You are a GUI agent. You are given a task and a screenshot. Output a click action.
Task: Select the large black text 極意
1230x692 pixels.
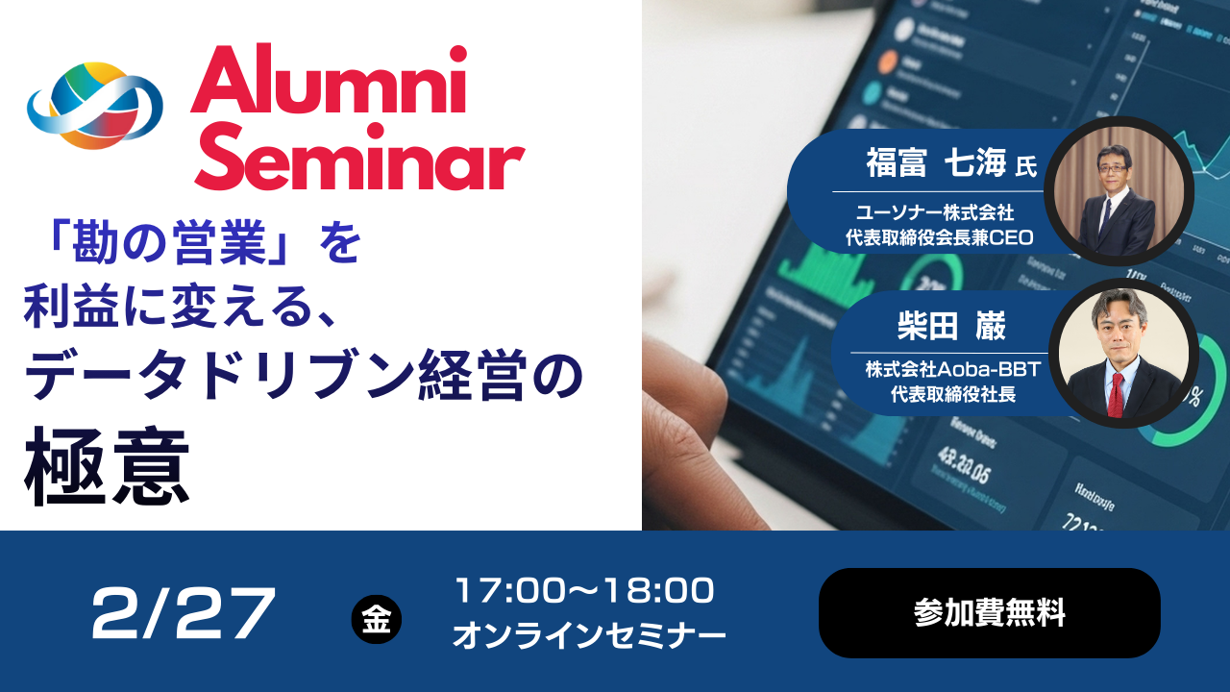pyautogui.click(x=107, y=474)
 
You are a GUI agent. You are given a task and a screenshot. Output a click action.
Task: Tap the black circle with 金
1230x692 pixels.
pyautogui.click(x=377, y=620)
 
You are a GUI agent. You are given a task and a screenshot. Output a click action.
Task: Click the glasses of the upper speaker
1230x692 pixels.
pyautogui.click(x=1113, y=172)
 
